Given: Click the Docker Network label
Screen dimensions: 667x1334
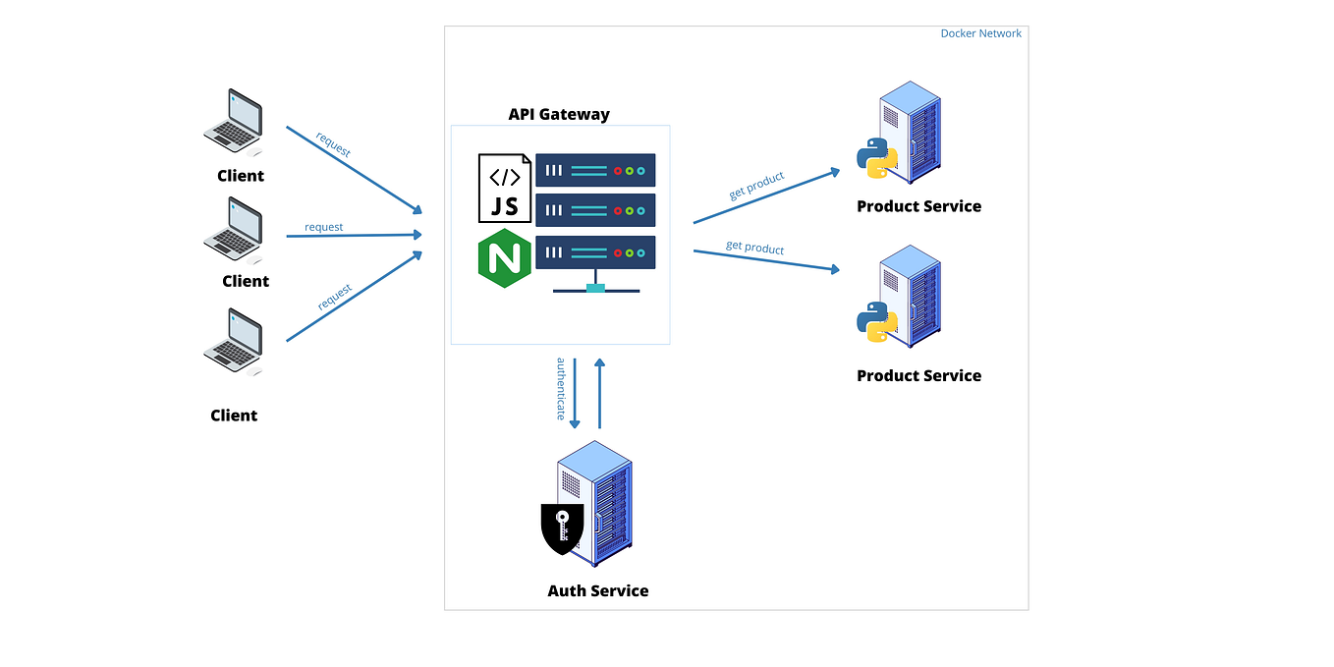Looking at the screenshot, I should click(x=980, y=33).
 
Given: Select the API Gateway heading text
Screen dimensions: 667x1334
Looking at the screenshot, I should click(x=559, y=114).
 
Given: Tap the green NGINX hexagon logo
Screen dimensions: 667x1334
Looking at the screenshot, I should click(x=504, y=260).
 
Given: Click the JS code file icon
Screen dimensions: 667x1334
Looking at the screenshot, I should click(x=504, y=188).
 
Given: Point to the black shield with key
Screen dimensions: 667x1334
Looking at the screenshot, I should click(x=562, y=528).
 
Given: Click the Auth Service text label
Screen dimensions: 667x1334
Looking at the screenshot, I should click(x=597, y=590).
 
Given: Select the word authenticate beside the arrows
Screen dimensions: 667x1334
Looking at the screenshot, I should click(x=562, y=388).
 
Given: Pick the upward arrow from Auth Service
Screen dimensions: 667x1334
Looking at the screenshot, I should click(x=599, y=393).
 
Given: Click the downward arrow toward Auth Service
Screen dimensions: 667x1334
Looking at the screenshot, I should click(x=575, y=393).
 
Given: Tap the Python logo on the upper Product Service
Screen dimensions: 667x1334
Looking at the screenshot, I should click(x=877, y=156).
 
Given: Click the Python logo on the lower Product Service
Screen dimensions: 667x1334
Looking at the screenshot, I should click(x=877, y=321).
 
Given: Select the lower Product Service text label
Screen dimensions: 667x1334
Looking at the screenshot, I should click(x=918, y=375).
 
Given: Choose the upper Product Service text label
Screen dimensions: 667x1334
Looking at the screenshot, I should click(x=918, y=206).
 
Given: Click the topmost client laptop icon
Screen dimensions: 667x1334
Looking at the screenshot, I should click(x=234, y=122).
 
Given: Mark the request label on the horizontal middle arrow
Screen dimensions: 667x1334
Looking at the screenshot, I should click(x=323, y=227).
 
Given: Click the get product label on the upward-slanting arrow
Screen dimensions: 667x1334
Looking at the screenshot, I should click(x=756, y=185).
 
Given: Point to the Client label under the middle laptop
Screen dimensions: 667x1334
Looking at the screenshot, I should click(x=245, y=281).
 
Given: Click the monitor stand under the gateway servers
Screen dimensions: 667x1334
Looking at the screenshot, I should click(x=595, y=288).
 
